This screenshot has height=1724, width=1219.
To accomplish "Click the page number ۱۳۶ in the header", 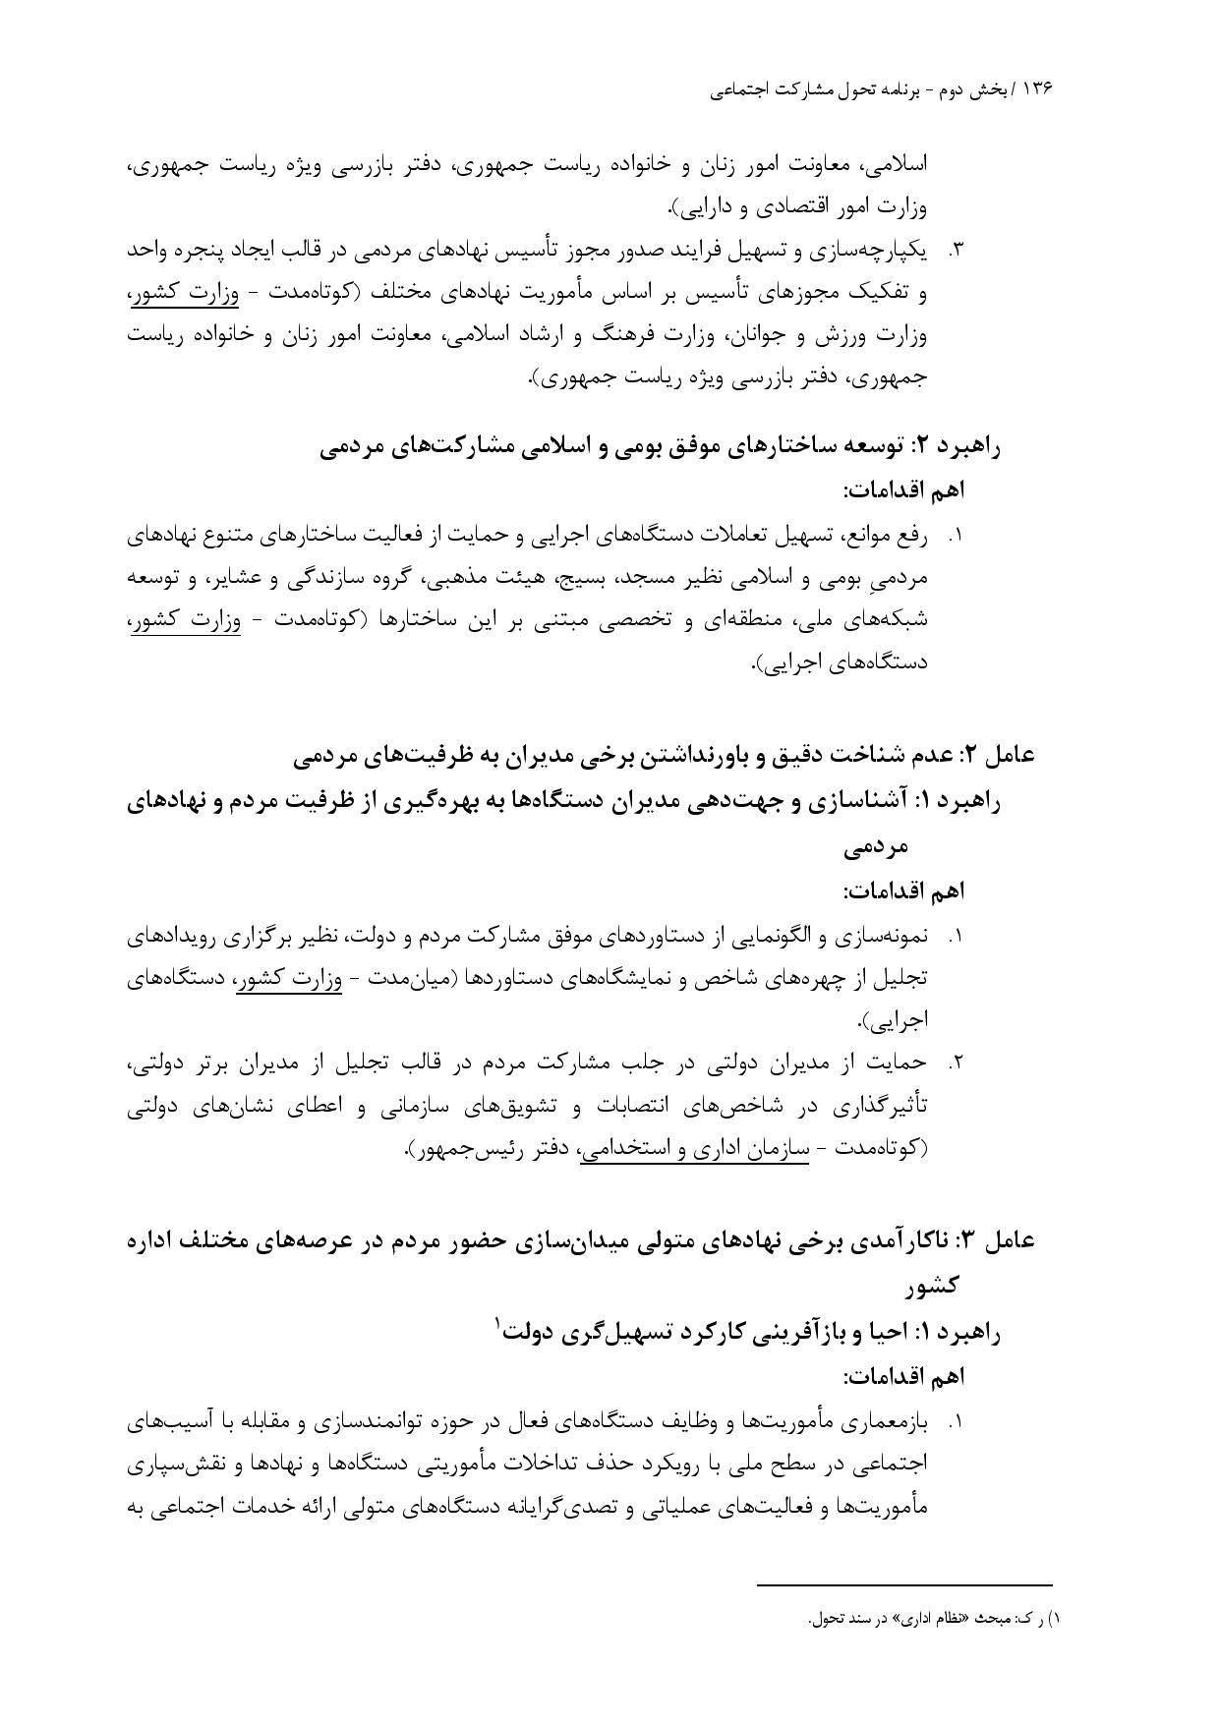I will click(1036, 89).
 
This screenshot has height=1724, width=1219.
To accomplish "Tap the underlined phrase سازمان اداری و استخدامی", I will click(694, 1149).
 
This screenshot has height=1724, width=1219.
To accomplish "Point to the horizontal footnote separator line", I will click(904, 1584).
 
